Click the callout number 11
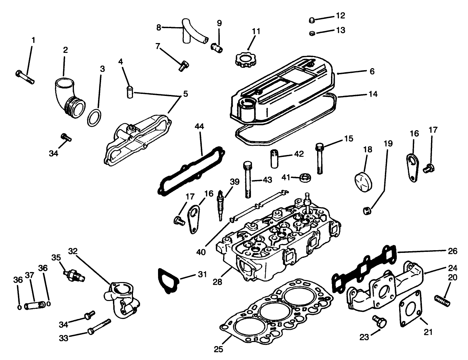pos(256,32)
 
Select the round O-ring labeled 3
pos(94,117)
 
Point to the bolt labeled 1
pos(25,76)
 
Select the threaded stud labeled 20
pos(442,300)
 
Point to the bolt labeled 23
pos(379,321)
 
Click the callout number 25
pos(219,349)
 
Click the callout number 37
pos(30,275)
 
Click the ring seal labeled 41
pos(306,177)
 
